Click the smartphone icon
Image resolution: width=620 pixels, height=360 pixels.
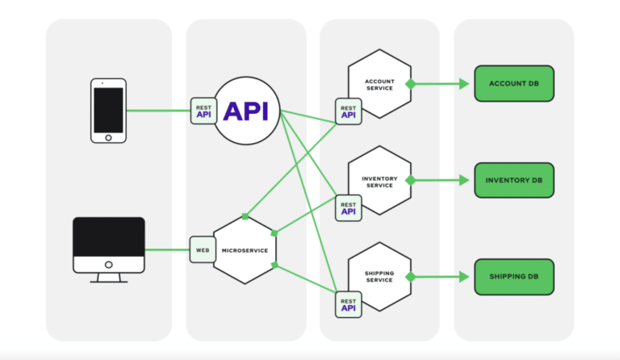point(108,111)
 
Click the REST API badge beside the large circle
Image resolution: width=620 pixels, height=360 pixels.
point(203,111)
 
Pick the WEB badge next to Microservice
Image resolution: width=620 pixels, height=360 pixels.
point(202,249)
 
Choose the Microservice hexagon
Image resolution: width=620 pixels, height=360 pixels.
point(245,249)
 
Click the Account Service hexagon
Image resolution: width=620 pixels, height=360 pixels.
point(379,84)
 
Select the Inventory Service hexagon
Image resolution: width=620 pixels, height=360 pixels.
point(379,181)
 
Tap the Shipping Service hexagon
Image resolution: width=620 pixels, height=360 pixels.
point(379,276)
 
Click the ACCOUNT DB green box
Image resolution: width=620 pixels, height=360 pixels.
point(513,84)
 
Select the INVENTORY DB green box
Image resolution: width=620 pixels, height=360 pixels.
point(513,180)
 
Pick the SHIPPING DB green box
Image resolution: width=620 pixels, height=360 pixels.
point(513,276)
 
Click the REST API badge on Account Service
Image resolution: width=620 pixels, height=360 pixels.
point(349,111)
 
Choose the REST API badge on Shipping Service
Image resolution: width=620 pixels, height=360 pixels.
point(349,303)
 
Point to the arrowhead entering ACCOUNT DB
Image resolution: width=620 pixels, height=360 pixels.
point(464,84)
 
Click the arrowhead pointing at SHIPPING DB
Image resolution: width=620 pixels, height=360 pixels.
point(464,276)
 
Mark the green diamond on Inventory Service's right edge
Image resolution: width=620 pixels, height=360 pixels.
point(410,180)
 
